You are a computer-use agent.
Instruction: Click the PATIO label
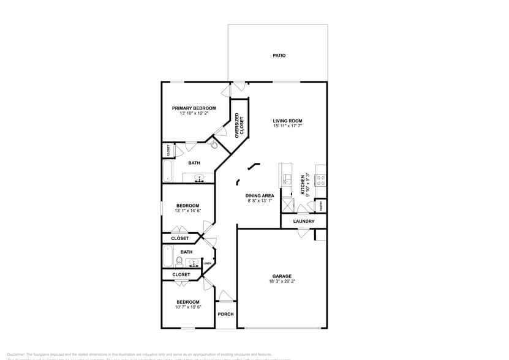pyautogui.click(x=279, y=56)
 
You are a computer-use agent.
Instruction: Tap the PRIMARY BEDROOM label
pyautogui.click(x=194, y=108)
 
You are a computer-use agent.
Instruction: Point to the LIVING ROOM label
pyautogui.click(x=287, y=121)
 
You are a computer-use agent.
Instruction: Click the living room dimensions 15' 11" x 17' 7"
pyautogui.click(x=287, y=127)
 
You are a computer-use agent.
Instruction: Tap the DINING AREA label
pyautogui.click(x=260, y=195)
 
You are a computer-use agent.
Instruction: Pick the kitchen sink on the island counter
pyautogui.click(x=287, y=180)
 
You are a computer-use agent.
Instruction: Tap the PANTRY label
pyautogui.click(x=320, y=206)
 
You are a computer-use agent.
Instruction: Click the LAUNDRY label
pyautogui.click(x=304, y=221)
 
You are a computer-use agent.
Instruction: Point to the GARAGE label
pyautogui.click(x=282, y=276)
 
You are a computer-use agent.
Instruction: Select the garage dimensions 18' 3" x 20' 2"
pyautogui.click(x=282, y=282)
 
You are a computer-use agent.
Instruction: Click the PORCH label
pyautogui.click(x=225, y=314)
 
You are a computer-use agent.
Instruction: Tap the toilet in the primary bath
pyautogui.click(x=213, y=144)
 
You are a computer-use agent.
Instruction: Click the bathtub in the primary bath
pyautogui.click(x=169, y=170)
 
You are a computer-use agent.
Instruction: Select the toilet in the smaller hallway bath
pyautogui.click(x=179, y=262)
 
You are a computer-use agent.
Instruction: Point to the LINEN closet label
pyautogui.click(x=208, y=263)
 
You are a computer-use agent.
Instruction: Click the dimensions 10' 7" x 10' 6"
pyautogui.click(x=188, y=307)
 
